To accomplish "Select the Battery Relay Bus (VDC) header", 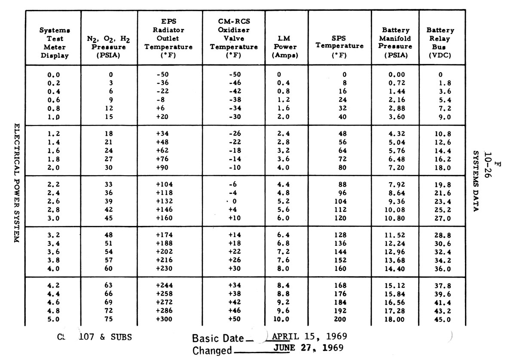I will [x=440, y=43].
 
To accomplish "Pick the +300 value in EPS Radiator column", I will [x=165, y=319].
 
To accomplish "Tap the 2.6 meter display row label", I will [x=54, y=201].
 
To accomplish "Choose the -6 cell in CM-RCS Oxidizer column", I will [x=235, y=184].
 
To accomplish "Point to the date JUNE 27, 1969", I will [x=309, y=348].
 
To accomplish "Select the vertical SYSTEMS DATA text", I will [x=476, y=181].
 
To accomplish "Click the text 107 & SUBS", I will [x=105, y=337].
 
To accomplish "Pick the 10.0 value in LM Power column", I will [x=282, y=319].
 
